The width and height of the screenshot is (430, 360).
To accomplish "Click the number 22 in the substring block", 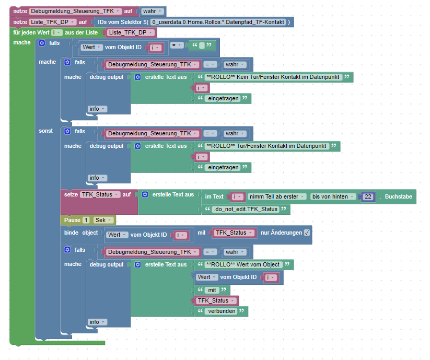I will pyautogui.click(x=368, y=196).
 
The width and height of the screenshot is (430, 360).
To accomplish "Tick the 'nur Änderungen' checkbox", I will pyautogui.click(x=307, y=233).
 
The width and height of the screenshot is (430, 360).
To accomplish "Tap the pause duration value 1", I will pyautogui.click(x=86, y=220).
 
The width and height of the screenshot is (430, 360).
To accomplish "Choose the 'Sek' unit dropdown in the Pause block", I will pyautogui.click(x=103, y=220).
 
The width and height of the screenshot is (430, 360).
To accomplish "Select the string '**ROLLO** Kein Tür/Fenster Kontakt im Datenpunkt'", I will pyautogui.click(x=273, y=77).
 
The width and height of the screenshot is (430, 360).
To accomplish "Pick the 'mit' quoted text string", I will pyautogui.click(x=212, y=289).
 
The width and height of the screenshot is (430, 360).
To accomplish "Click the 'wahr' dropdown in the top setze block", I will pyautogui.click(x=152, y=11).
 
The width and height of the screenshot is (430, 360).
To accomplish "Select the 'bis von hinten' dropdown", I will pyautogui.click(x=332, y=196).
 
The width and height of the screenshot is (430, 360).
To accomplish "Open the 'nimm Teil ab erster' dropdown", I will pyautogui.click(x=276, y=196).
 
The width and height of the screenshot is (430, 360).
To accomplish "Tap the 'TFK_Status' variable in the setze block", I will pyautogui.click(x=100, y=194).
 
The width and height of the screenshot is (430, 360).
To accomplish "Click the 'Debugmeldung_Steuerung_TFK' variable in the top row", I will pyautogui.click(x=75, y=11).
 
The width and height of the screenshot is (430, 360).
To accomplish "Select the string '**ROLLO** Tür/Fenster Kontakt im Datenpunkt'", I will pyautogui.click(x=266, y=146).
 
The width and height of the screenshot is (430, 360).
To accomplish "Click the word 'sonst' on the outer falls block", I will pyautogui.click(x=45, y=131).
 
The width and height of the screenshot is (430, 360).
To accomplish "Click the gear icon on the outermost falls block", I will pyautogui.click(x=42, y=43).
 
